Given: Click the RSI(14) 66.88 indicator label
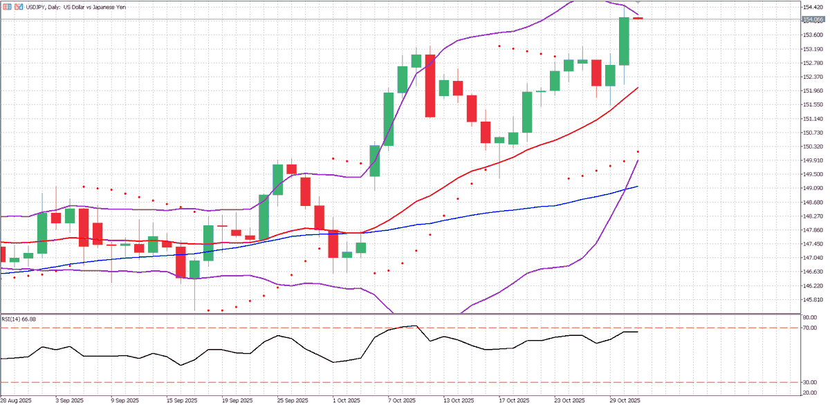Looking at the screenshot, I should [19, 319].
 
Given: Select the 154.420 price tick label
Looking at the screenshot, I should [808, 7].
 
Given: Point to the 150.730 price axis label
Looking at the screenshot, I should [808, 133].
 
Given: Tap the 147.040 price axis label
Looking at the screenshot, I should [808, 258].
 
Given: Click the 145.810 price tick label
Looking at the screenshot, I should [808, 299].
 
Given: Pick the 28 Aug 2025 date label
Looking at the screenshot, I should [15, 400].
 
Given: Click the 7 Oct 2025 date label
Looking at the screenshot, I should [401, 400].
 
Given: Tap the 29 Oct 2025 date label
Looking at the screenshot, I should [624, 400].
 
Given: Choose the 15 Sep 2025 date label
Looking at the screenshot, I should [181, 400].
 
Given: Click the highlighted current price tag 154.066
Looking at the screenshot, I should [808, 20].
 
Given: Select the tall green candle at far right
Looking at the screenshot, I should [624, 41].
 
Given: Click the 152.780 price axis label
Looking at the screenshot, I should [808, 63].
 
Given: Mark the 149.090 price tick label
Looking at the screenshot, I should [808, 188].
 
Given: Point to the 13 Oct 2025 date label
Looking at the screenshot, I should [458, 400].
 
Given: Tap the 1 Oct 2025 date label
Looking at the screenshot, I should [346, 400].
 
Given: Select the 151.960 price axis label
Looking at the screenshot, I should [808, 91].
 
